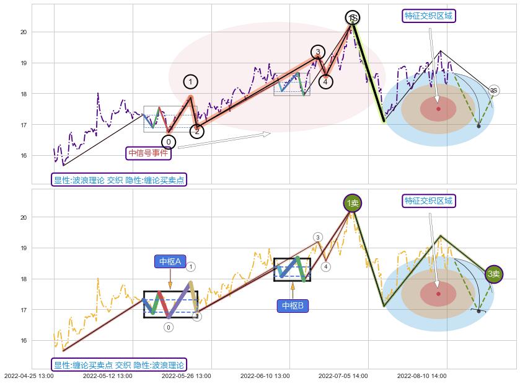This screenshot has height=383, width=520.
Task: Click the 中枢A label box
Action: pos(170,262)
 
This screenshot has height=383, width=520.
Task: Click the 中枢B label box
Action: pos(293,305)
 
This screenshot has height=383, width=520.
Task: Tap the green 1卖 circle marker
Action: pos(352,203)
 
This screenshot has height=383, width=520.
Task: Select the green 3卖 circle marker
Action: pos(493,274)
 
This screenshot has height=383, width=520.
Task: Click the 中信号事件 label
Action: pos(148,153)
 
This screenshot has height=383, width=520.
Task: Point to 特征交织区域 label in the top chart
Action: pos(429,16)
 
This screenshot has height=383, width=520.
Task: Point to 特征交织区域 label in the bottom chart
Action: pos(429,201)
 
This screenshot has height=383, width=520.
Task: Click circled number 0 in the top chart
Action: pos(168,142)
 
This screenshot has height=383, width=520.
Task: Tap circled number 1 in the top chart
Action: pos(190,82)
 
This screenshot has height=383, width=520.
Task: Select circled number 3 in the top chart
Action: pos(317,52)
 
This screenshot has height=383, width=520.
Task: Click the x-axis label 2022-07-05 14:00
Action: pos(343,376)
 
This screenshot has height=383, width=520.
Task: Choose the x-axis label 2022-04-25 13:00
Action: pos(29,376)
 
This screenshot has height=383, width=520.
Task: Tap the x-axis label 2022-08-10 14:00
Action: pos(421,376)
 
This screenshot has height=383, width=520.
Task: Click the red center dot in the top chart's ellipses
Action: pos(438,109)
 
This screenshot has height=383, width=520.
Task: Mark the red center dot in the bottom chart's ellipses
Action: pos(438,294)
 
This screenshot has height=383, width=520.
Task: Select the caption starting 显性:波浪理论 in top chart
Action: pos(119,180)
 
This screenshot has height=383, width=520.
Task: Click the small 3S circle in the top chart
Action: pos(493,91)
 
